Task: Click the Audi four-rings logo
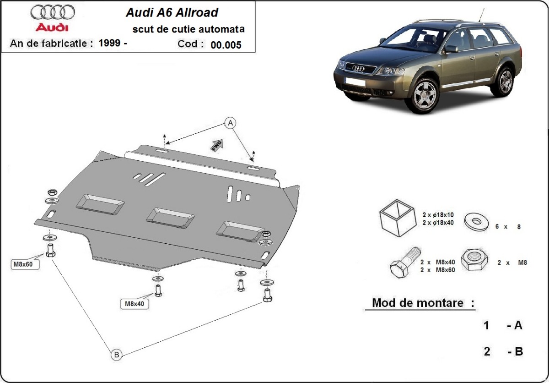[52, 12]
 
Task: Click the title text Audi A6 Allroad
[172, 12]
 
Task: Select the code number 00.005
[226, 45]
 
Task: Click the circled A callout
[231, 122]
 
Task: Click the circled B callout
[116, 354]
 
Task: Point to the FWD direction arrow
[216, 145]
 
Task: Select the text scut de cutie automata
[188, 29]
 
